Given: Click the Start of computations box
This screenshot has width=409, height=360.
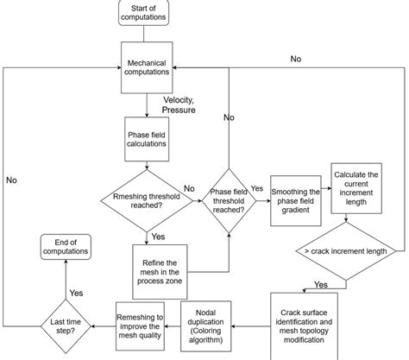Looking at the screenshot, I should pos(143,13).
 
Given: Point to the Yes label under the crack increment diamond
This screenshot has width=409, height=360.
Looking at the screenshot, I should pos(320,284).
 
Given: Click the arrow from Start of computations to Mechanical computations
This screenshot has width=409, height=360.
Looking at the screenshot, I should pos(143,35).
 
